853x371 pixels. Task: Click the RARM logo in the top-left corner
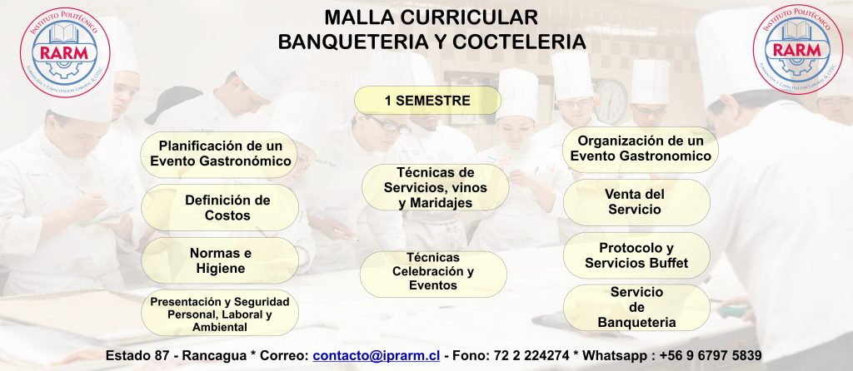[x=65, y=52]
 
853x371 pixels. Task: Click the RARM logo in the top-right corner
[x=798, y=49]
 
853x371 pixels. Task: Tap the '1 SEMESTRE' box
[x=427, y=101]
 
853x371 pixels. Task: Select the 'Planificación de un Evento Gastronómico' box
[x=219, y=154]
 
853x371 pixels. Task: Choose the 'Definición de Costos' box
[x=220, y=207]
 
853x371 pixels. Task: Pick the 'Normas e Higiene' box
[x=220, y=260]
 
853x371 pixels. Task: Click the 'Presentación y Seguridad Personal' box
[x=220, y=313]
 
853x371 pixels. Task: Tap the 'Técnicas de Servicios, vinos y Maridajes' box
[x=435, y=187]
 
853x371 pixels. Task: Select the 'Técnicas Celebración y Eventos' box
[x=433, y=274]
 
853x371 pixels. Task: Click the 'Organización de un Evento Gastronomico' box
[x=641, y=149]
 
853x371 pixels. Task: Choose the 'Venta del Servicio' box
[x=636, y=202]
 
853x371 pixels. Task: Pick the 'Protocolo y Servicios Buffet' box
[x=636, y=255]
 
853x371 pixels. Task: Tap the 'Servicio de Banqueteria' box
[x=636, y=308]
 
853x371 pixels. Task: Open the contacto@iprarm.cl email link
[x=377, y=356]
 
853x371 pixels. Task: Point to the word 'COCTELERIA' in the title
[x=519, y=42]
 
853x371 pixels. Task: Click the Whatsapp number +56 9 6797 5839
[x=711, y=356]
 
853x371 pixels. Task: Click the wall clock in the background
[x=611, y=101]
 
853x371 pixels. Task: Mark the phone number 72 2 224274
[x=532, y=356]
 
